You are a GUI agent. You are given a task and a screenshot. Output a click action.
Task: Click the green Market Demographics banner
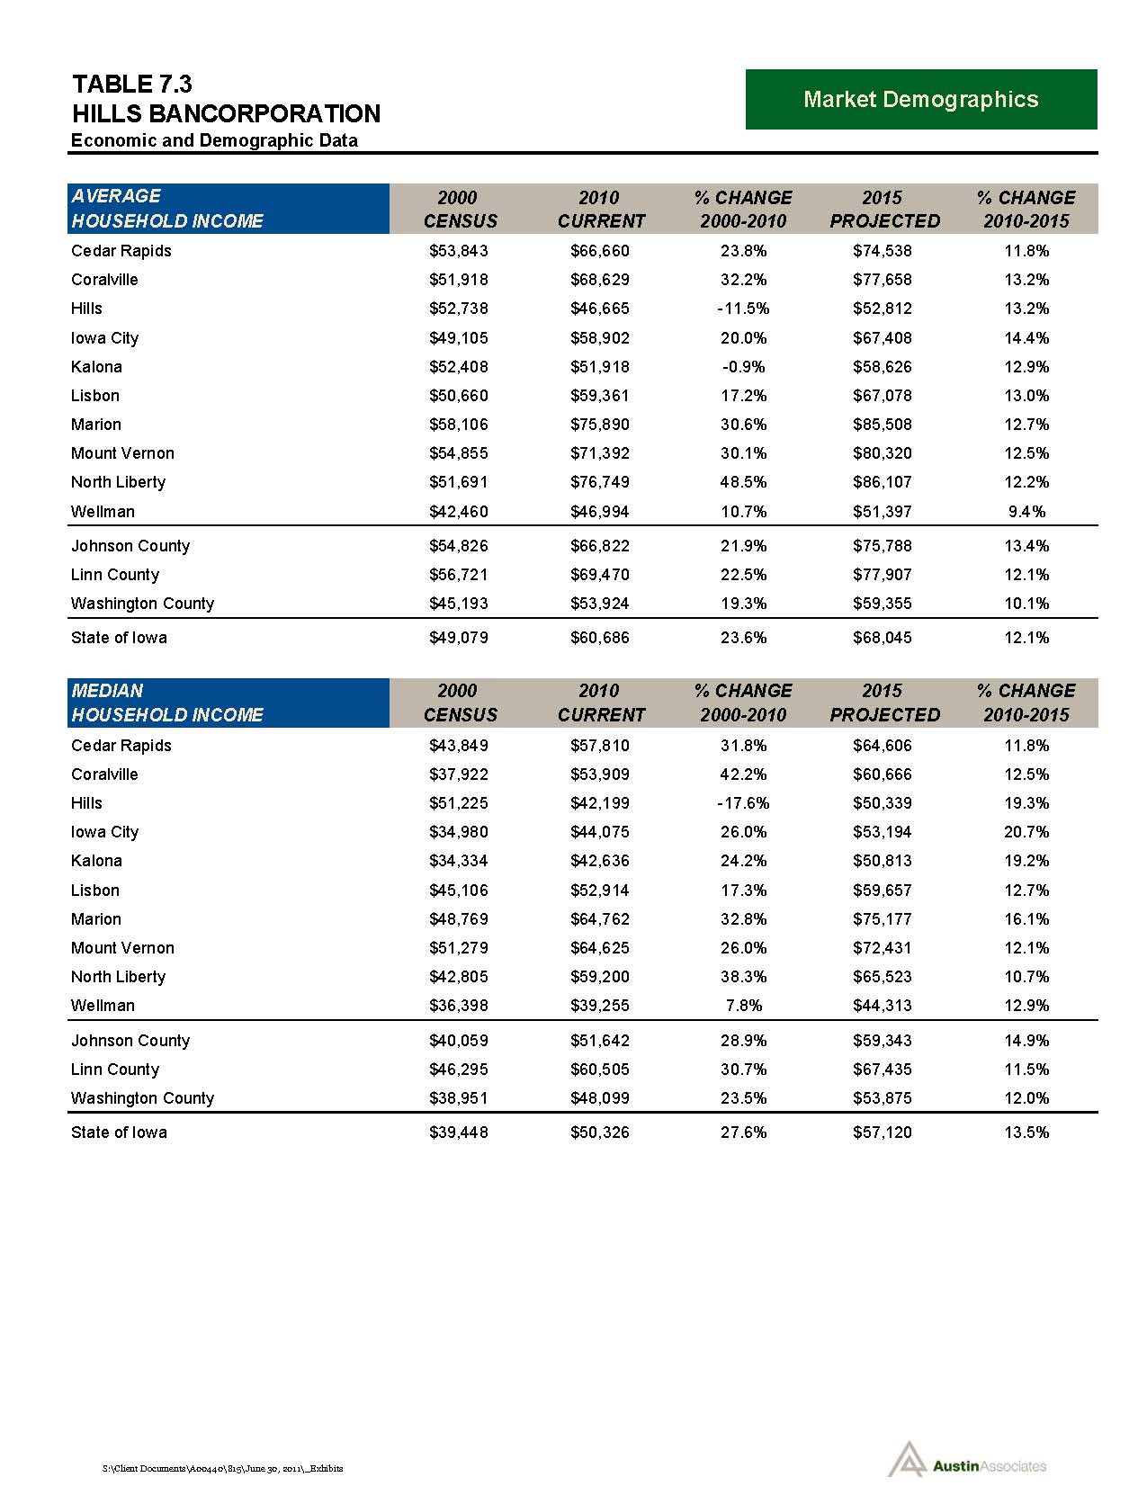[920, 99]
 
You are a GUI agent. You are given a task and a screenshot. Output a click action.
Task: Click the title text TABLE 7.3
[131, 85]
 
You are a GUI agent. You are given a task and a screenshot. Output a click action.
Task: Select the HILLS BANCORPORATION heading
[226, 114]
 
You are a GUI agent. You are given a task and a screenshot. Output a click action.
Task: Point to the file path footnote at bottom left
[222, 1468]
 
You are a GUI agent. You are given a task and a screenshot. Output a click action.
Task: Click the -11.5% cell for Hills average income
[743, 309]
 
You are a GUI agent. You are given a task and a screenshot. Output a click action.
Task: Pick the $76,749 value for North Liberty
[600, 482]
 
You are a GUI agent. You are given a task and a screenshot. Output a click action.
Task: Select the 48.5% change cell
[743, 482]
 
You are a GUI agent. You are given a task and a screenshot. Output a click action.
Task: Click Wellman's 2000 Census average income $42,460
[459, 512]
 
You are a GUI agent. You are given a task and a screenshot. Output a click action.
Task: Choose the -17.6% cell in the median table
[743, 803]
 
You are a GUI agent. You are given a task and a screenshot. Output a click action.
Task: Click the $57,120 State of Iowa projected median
[882, 1132]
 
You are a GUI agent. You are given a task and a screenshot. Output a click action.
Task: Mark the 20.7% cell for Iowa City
[1026, 832]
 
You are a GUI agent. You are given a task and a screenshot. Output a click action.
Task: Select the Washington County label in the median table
[142, 1098]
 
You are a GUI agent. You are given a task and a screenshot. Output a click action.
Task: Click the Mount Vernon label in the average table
[122, 453]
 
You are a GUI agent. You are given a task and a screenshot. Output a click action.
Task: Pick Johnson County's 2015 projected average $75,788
[882, 546]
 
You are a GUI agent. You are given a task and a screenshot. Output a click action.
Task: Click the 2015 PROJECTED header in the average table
[884, 209]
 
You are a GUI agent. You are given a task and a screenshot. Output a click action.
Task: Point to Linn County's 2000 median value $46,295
[459, 1070]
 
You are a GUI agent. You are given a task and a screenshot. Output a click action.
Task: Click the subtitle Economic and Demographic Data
[214, 140]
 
